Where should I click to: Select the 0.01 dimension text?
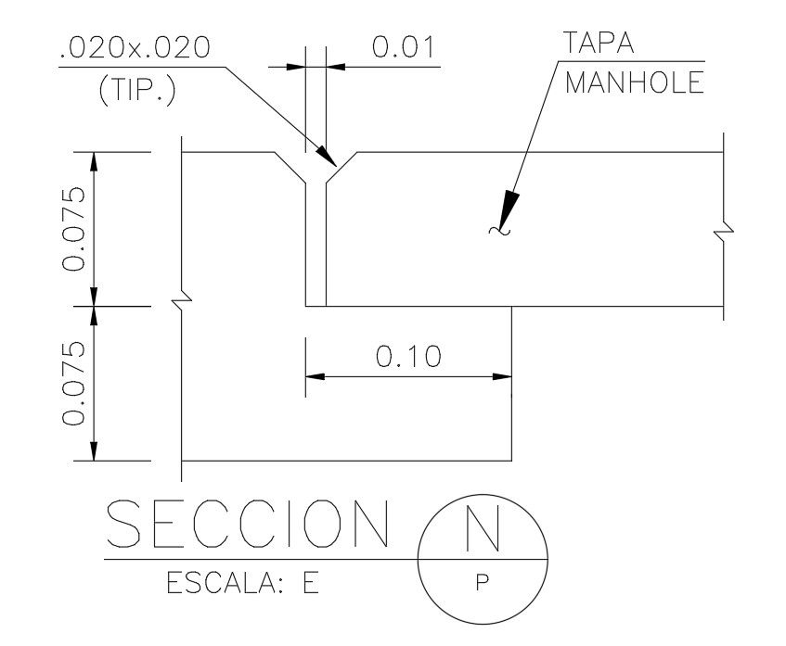[x=404, y=47]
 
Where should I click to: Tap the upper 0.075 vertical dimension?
[x=74, y=228]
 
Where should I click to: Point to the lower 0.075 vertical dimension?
[x=74, y=382]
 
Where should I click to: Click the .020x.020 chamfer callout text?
[x=135, y=49]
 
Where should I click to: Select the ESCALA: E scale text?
[x=242, y=585]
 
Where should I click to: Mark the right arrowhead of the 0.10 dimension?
[x=504, y=376]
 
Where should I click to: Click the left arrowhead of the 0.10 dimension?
[x=316, y=376]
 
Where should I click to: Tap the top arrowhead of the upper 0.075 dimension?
[x=93, y=161]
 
